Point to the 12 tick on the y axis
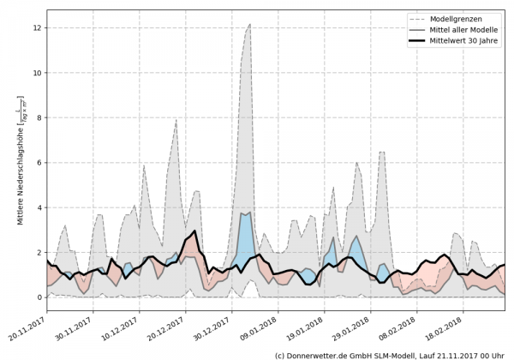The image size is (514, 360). click(x=36, y=28)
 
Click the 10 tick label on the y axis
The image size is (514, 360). click(x=36, y=73)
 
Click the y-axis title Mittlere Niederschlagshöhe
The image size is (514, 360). click(x=18, y=162)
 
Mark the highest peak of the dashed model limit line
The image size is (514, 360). click(x=249, y=25)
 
